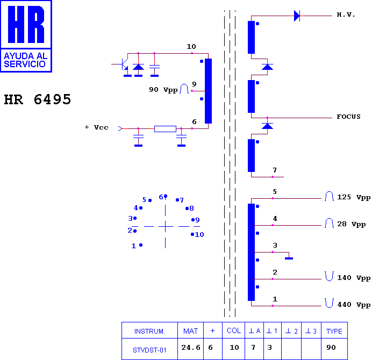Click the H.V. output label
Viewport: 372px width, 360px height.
346,15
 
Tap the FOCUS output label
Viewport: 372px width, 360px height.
348,117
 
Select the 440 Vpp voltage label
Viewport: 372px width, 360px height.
354,305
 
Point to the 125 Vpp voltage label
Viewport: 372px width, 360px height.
354,197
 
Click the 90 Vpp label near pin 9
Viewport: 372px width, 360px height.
163,90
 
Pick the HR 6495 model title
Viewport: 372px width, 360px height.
38,99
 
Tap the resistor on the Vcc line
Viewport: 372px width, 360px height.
165,129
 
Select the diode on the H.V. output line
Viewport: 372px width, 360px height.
297,16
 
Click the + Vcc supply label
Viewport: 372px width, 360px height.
97,127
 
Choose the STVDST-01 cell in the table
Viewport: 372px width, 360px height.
149,350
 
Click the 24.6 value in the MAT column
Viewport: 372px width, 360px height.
191,348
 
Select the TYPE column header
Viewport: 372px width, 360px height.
334,331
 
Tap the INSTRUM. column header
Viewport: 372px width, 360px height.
149,331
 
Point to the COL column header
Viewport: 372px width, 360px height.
234,330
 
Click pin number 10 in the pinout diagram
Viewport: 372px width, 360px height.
199,235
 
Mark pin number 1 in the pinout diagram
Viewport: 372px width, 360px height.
133,246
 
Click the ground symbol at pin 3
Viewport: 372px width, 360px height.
289,258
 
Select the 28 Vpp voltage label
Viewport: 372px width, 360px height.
352,224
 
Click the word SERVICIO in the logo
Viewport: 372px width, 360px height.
25,64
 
